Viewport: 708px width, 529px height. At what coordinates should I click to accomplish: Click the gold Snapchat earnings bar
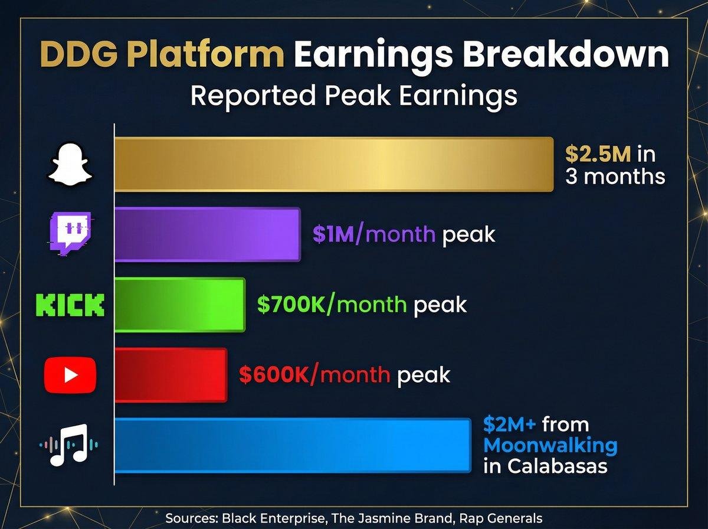coord(333,164)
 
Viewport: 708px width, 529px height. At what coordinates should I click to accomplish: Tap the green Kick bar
coord(179,304)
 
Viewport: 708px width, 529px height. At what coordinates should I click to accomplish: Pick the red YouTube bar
coord(171,375)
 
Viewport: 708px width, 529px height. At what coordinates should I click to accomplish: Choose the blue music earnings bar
coord(292,445)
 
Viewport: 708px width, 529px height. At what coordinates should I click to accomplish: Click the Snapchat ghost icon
coord(70,165)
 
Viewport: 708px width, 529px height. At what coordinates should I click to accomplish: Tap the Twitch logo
coord(69,234)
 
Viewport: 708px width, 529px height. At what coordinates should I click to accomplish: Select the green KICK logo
coord(70,305)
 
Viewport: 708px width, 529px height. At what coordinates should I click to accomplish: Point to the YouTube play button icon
coord(70,375)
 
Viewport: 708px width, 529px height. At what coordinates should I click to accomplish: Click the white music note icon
coord(70,445)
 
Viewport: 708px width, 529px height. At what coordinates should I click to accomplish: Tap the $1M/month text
coord(373,235)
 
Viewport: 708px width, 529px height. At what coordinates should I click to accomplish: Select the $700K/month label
coord(332,305)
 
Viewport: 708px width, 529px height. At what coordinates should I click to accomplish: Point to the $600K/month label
coord(314,375)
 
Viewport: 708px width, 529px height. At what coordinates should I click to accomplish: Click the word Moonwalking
coord(550,445)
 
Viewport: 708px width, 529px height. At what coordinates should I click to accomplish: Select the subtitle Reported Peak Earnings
coord(354,95)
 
